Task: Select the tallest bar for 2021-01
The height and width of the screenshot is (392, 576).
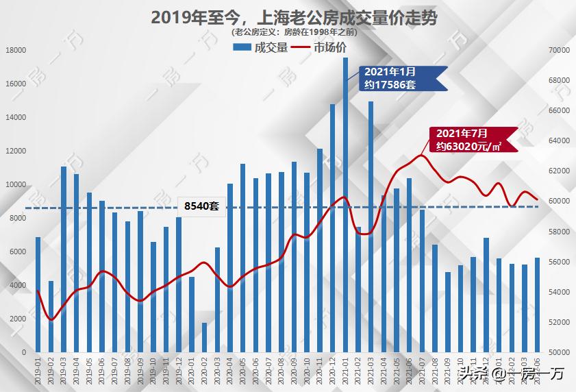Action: (x=345, y=206)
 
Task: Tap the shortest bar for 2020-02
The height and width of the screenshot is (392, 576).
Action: (x=204, y=337)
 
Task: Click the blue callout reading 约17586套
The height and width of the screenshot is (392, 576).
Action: (x=399, y=78)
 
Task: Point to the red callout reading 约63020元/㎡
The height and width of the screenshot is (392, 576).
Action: (x=471, y=139)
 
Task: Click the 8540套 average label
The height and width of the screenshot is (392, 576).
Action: (x=201, y=206)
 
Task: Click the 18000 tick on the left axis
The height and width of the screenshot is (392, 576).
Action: (x=16, y=50)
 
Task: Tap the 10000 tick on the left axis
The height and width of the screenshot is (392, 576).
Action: (x=16, y=184)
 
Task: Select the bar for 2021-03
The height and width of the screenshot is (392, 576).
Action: (x=371, y=226)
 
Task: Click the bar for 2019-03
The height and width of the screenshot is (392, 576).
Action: (x=64, y=259)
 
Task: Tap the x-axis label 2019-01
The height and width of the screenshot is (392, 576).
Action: (x=38, y=370)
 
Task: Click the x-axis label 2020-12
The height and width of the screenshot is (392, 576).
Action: (x=333, y=370)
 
